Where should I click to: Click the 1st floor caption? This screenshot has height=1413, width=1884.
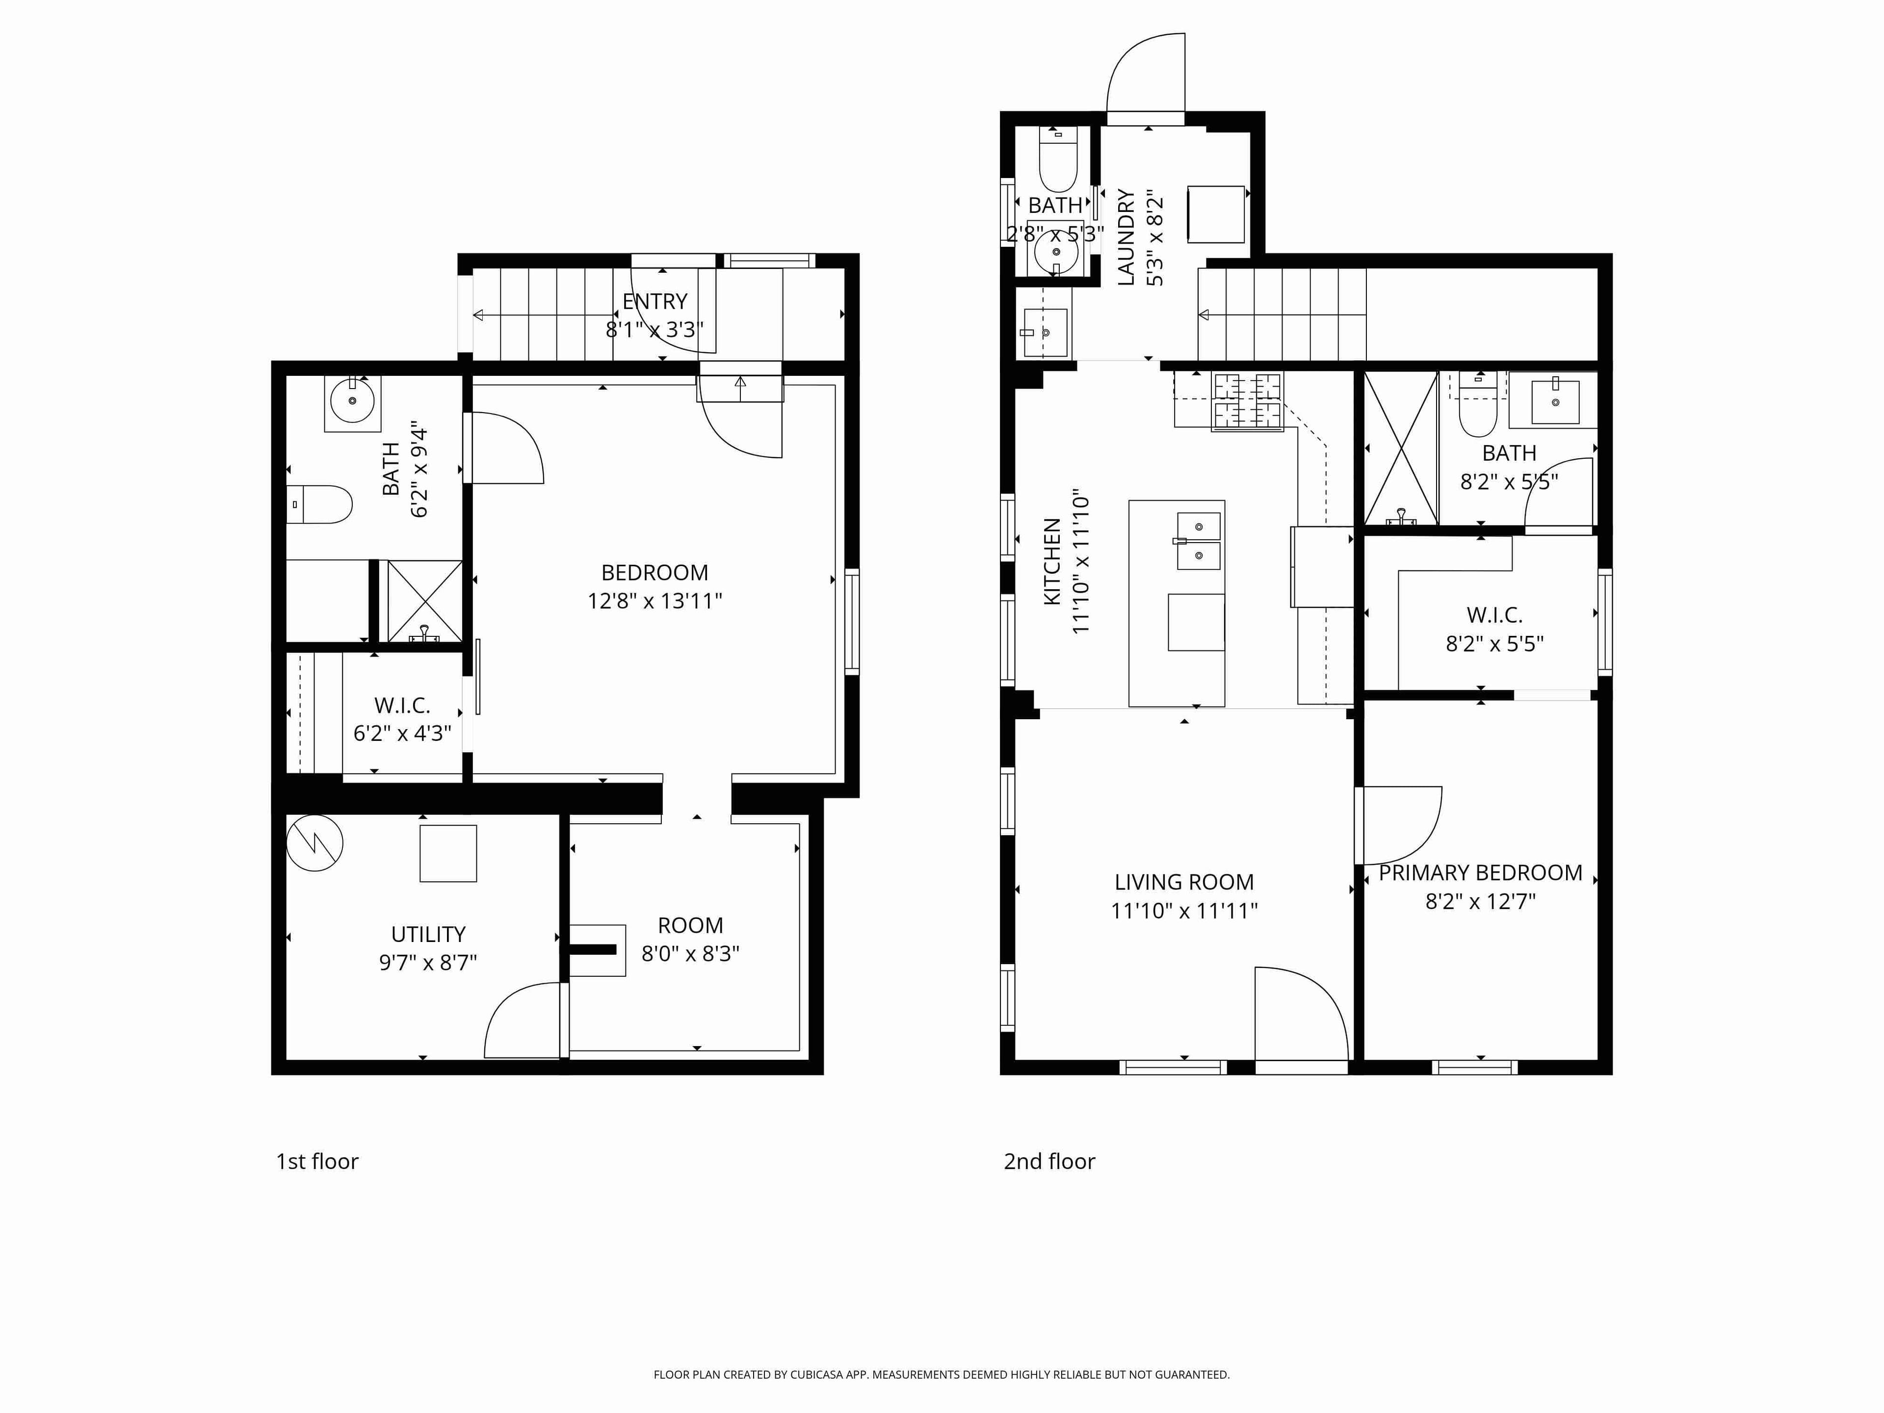coord(317,1162)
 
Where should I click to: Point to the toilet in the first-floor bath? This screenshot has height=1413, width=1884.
coord(320,504)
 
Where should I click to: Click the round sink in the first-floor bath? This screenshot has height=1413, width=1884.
coord(352,402)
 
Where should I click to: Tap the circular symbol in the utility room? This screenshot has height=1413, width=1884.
coord(314,843)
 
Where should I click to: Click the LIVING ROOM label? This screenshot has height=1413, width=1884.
coord(1184,882)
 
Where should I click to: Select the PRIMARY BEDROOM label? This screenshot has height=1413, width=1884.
coord(1480,873)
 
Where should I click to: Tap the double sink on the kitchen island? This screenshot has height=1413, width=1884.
coord(1199,541)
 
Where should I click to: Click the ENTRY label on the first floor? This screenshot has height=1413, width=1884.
coord(654,302)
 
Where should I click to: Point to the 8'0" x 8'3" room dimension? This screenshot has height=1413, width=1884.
coord(690,954)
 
